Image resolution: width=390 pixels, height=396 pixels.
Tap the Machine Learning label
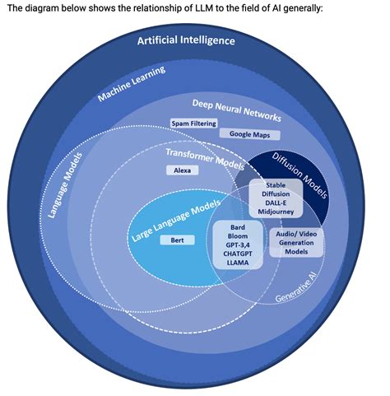(x=132, y=84)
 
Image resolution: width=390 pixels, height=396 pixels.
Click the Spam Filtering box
(x=194, y=123)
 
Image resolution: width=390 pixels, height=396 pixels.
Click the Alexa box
(x=182, y=170)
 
